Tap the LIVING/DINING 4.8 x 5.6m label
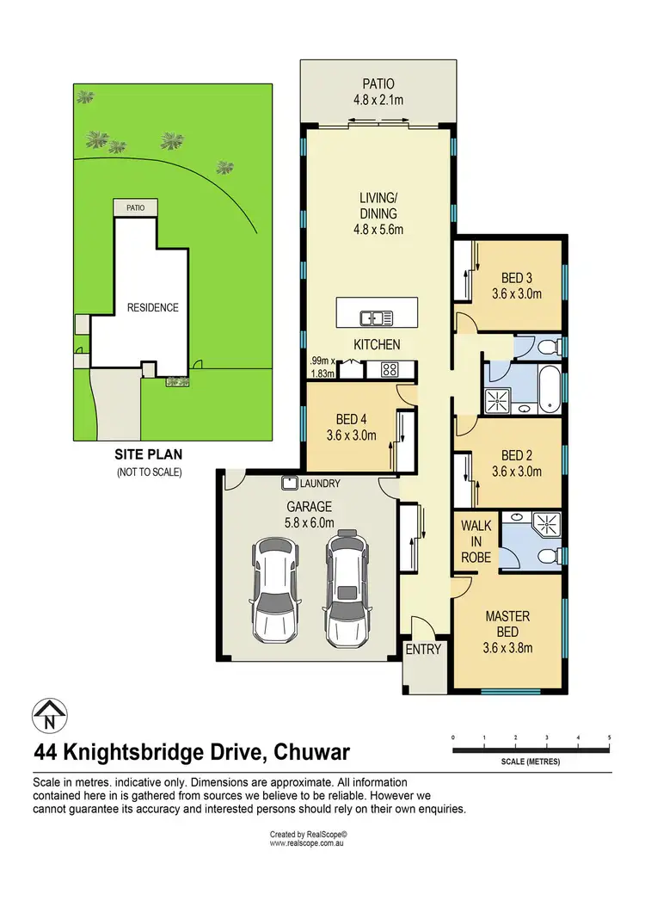pos(378,214)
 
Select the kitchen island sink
pos(378,318)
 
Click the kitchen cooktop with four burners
pos(388,370)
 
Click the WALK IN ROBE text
pos(476,540)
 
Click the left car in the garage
pos(273,592)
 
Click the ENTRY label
pos(423,650)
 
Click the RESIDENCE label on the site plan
pos(153,307)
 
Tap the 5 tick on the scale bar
pos(609,738)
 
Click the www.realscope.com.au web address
pos(308,844)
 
